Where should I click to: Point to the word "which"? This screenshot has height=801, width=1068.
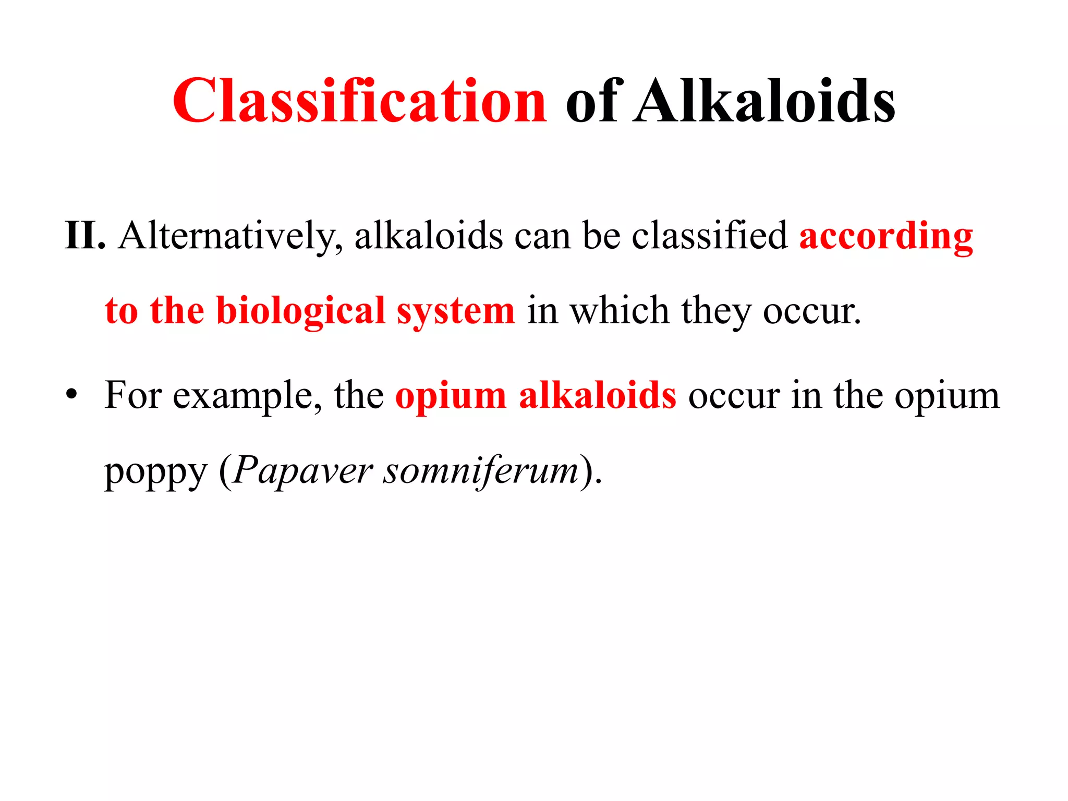[x=620, y=311]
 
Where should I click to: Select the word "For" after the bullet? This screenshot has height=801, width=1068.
[x=133, y=395]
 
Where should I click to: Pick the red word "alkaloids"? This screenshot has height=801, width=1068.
[x=598, y=395]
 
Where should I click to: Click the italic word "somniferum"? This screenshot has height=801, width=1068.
[x=481, y=471]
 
